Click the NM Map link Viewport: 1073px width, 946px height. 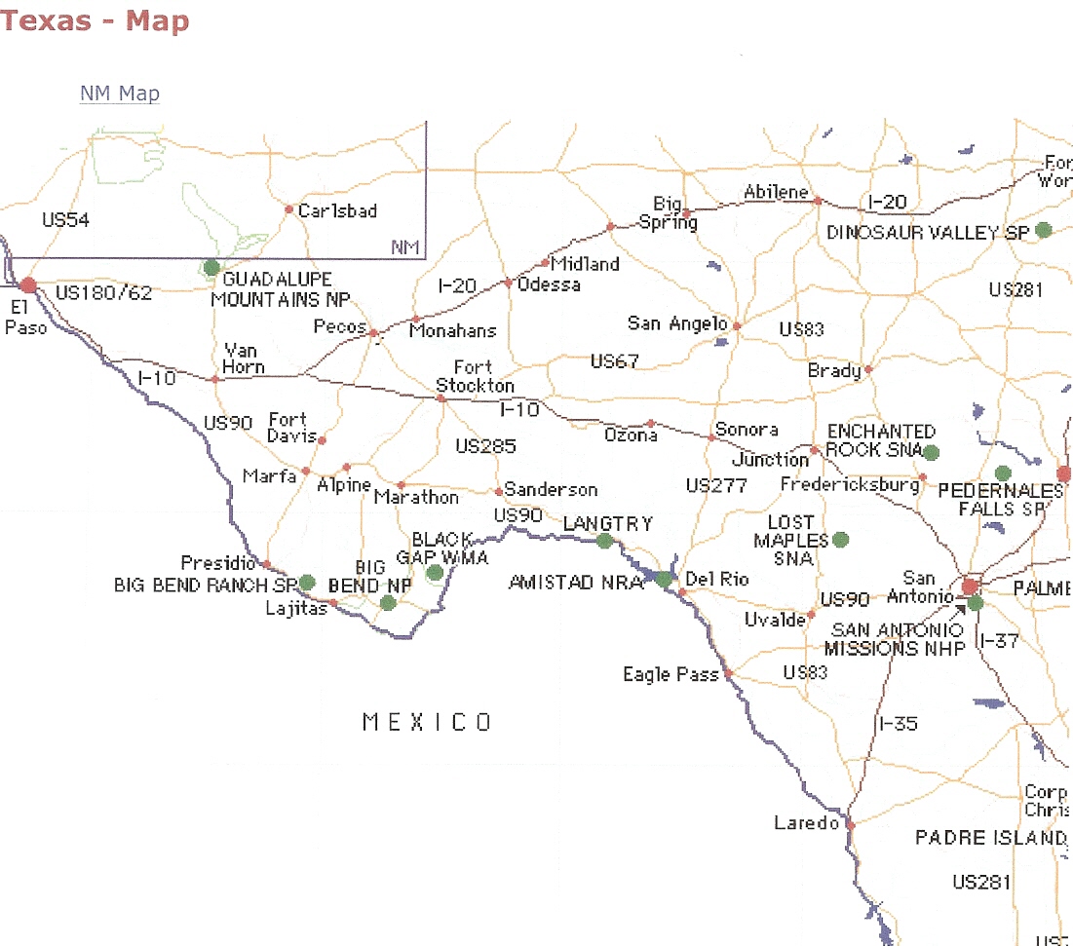pyautogui.click(x=119, y=94)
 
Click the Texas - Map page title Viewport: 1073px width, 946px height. pyautogui.click(x=95, y=21)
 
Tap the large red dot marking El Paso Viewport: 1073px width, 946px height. pyautogui.click(x=28, y=284)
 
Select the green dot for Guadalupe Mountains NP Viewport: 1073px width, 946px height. pyautogui.click(x=211, y=267)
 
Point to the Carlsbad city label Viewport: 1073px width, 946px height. pyautogui.click(x=337, y=211)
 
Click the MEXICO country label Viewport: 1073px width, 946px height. pyautogui.click(x=427, y=722)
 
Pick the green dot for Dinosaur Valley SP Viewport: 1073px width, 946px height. pyautogui.click(x=1043, y=230)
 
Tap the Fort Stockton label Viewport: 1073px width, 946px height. pyautogui.click(x=475, y=376)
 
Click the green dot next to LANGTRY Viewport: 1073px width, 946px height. pyautogui.click(x=605, y=541)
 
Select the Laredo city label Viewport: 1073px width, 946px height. pyautogui.click(x=806, y=823)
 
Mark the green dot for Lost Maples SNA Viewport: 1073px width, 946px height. pyautogui.click(x=840, y=539)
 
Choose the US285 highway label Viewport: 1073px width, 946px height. pyautogui.click(x=485, y=447)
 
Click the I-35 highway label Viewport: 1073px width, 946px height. pyautogui.click(x=898, y=724)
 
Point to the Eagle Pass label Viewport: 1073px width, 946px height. pyautogui.click(x=670, y=674)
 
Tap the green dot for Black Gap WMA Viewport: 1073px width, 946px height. pyautogui.click(x=435, y=572)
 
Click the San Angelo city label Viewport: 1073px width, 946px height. pyautogui.click(x=676, y=323)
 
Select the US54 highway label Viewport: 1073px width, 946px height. pyautogui.click(x=65, y=220)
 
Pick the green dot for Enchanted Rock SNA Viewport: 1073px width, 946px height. pyautogui.click(x=931, y=452)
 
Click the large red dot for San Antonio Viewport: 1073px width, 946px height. pyautogui.click(x=970, y=587)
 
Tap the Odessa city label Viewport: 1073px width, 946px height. pyautogui.click(x=549, y=284)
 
